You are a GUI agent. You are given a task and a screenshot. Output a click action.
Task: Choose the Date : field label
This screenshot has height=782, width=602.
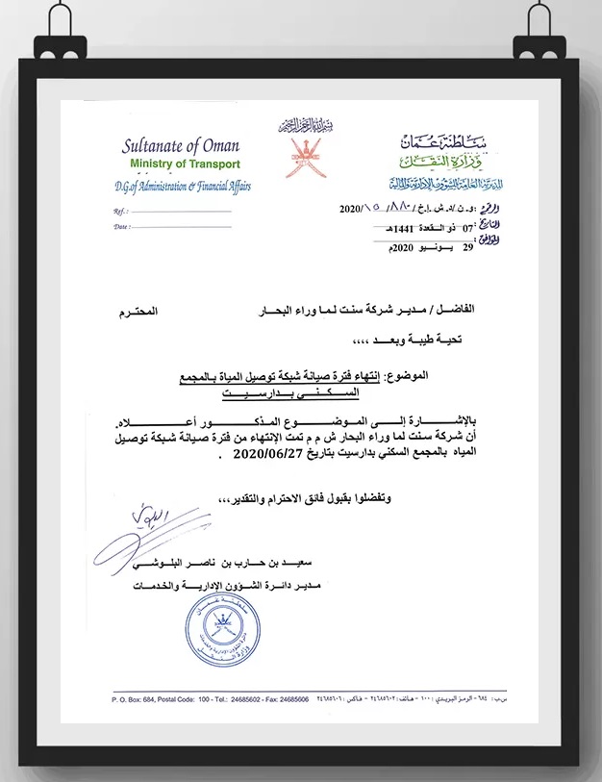(121, 227)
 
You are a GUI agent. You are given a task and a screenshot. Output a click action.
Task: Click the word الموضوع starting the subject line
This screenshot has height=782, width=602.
(468, 379)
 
